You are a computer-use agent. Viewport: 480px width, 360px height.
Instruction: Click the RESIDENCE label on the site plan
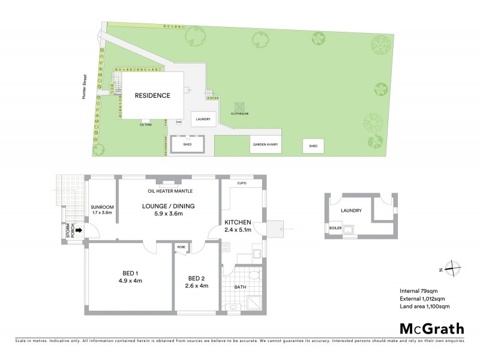coord(152,95)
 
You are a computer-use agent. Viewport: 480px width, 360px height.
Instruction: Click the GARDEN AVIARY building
coord(266,145)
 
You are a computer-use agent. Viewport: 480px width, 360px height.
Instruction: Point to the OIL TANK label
coord(146,124)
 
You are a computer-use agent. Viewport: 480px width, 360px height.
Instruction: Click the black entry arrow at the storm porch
coord(77,229)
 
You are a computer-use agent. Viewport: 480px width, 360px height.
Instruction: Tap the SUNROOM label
coord(102,208)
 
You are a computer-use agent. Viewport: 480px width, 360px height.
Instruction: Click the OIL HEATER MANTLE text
coord(170,191)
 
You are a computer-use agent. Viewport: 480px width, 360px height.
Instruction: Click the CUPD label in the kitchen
coord(242,183)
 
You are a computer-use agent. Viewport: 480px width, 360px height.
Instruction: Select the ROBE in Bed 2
coord(181,247)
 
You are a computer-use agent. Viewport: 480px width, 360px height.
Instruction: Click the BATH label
coord(240,287)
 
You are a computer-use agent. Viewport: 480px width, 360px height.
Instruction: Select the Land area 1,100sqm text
coord(424,307)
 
